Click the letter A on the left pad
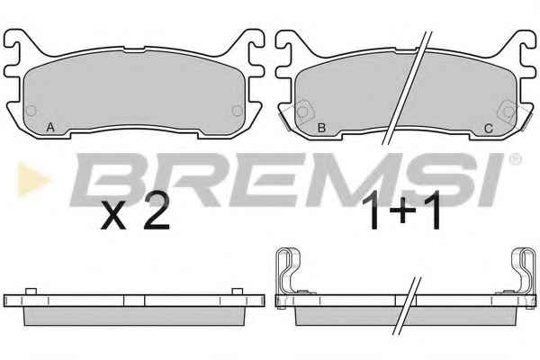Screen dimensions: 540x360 [x=50, y=128]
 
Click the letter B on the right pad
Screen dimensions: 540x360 [x=321, y=128]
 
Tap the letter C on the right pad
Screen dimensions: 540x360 [x=489, y=129]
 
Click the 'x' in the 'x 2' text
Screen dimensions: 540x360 [x=113, y=218]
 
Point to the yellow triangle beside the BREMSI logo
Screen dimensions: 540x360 [x=33, y=180]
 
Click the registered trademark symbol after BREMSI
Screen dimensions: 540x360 [x=515, y=159]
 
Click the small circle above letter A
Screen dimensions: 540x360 [x=31, y=111]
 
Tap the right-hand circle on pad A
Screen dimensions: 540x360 [x=237, y=111]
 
